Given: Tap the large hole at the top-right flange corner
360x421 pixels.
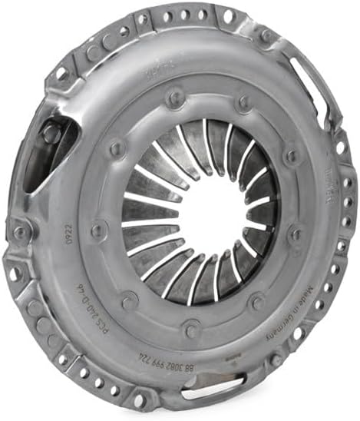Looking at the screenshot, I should coord(229,16).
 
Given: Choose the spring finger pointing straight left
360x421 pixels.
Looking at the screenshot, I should coord(146,224).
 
